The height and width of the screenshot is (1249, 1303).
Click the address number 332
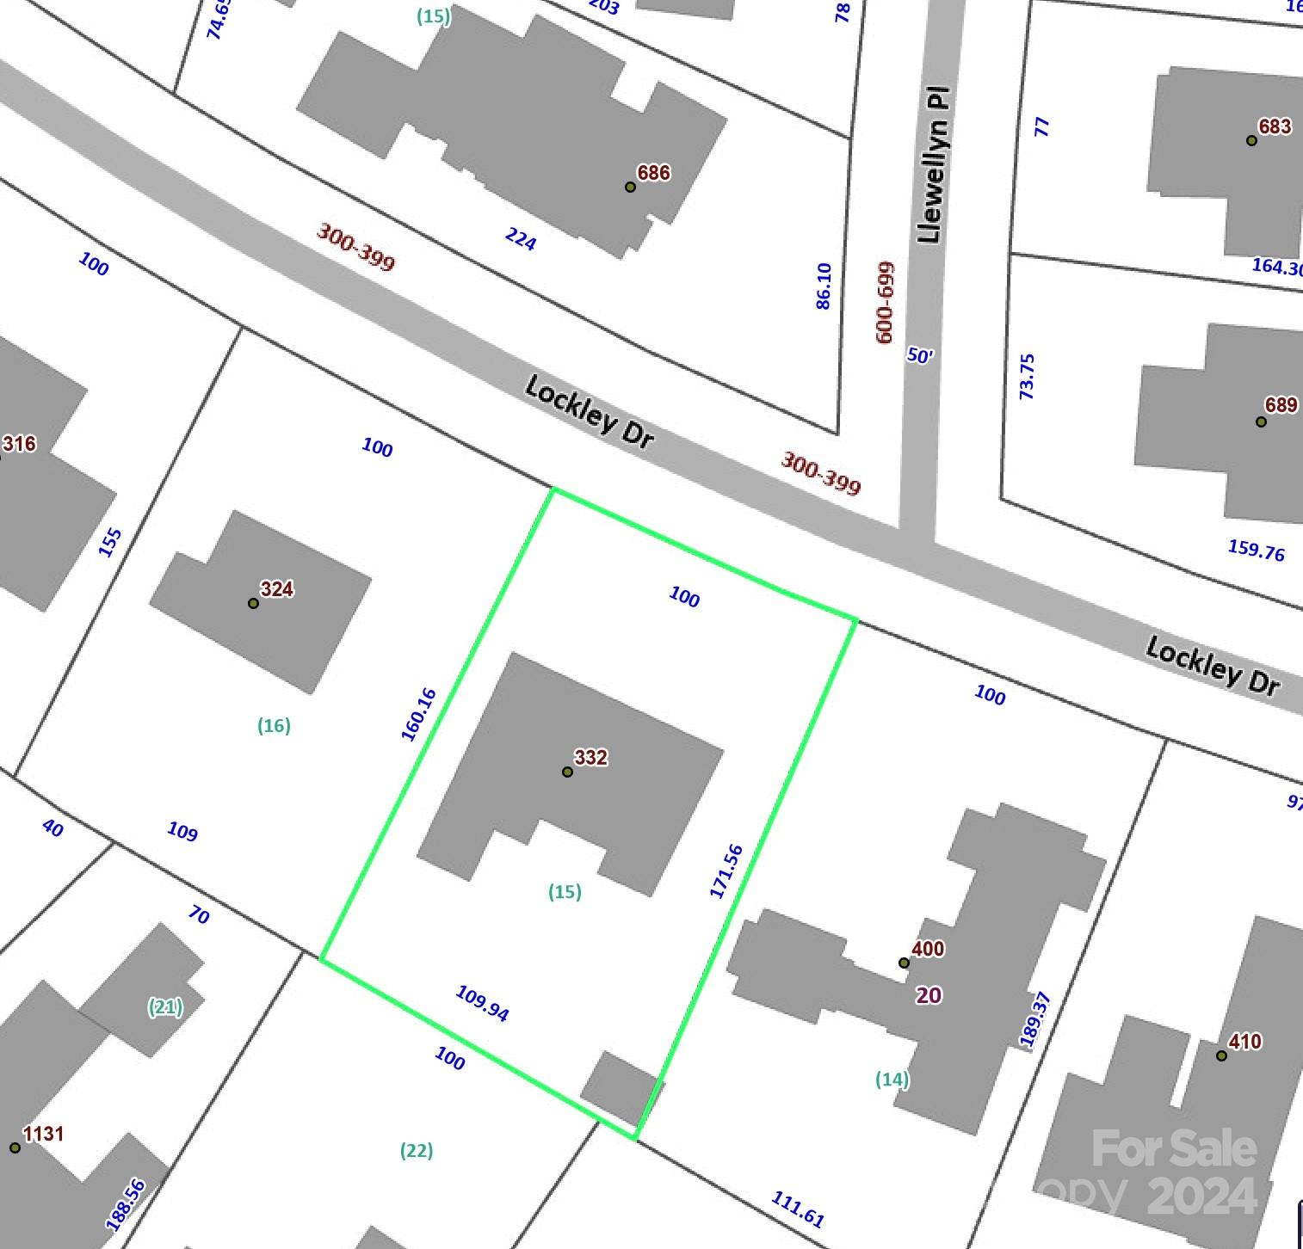click(590, 757)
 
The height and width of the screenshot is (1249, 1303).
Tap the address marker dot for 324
click(253, 603)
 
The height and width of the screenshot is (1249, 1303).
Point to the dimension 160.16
click(419, 714)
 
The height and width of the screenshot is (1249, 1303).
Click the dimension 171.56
click(726, 871)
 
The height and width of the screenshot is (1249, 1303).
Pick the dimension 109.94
click(482, 1003)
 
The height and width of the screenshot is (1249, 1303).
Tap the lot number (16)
click(274, 725)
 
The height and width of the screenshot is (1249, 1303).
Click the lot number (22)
click(417, 1150)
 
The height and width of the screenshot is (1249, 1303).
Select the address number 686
click(653, 173)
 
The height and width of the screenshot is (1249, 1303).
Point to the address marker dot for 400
click(904, 963)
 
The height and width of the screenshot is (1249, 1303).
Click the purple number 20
click(929, 995)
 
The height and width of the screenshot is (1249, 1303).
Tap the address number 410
click(1244, 1042)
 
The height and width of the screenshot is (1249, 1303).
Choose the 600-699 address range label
click(885, 302)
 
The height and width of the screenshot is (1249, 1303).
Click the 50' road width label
click(920, 355)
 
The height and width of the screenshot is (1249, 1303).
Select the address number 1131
click(43, 1134)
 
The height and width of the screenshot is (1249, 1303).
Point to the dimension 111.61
click(798, 1209)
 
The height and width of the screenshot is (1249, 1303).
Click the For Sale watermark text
click(1174, 1148)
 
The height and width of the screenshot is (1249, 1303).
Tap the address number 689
click(1281, 404)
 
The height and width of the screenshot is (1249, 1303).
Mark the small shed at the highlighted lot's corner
click(621, 1088)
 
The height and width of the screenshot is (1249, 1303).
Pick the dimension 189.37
click(1035, 1019)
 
